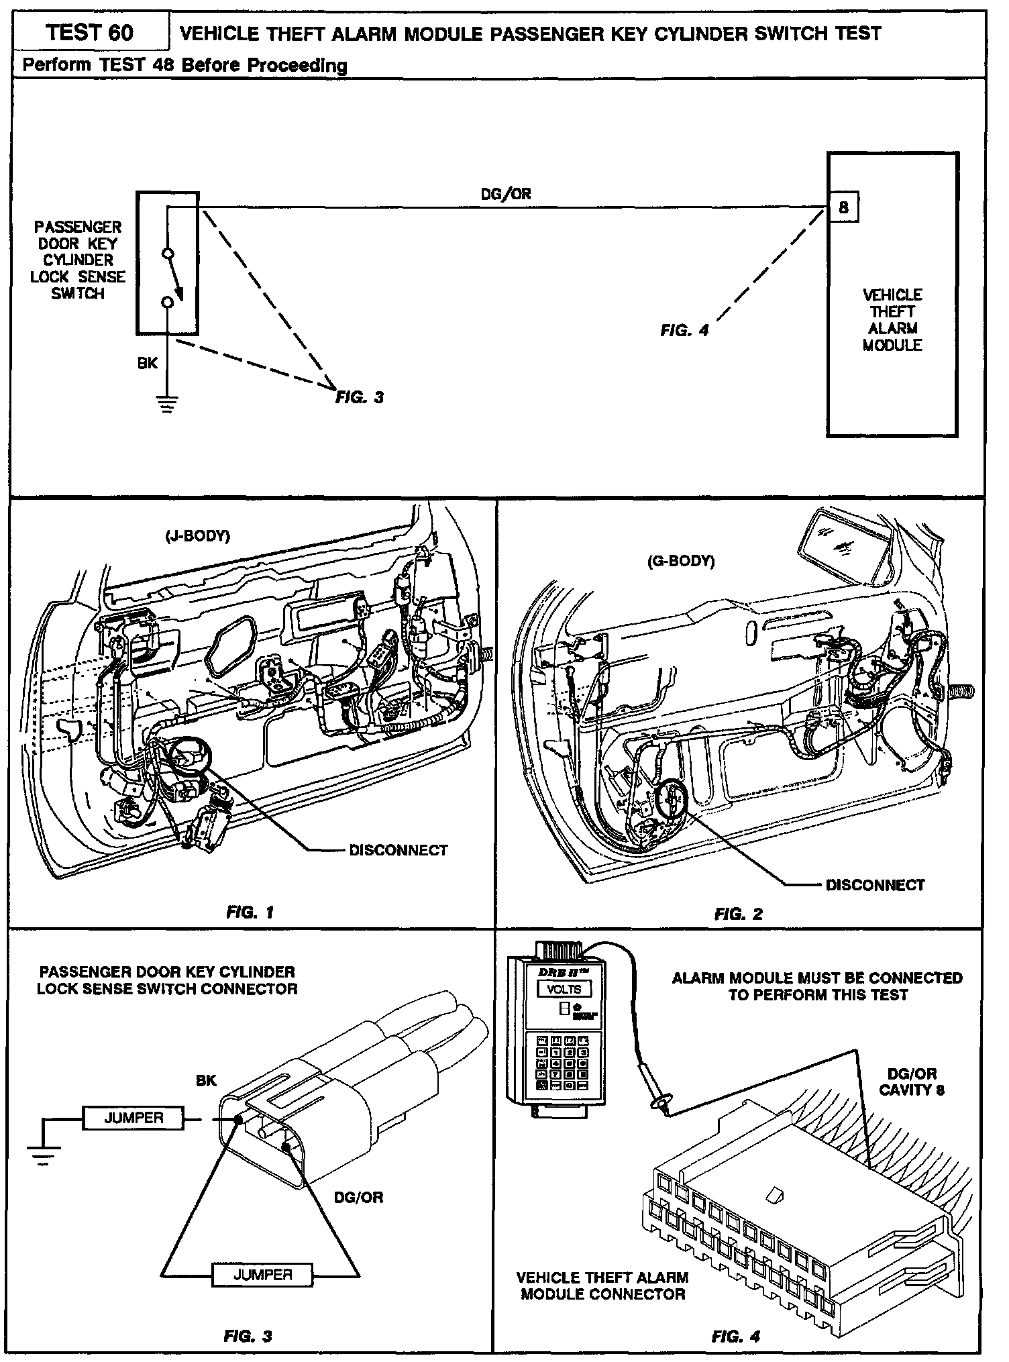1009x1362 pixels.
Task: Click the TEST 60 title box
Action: point(90,32)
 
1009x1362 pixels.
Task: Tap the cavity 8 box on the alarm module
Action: point(843,208)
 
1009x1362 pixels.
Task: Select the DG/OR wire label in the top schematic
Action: point(505,194)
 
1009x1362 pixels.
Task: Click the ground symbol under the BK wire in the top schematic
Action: point(166,403)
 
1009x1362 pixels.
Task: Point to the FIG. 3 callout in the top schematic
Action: point(360,397)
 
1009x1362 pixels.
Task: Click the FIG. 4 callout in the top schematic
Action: point(684,330)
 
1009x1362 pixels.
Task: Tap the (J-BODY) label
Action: point(197,537)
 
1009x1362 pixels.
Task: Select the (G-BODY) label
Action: point(680,561)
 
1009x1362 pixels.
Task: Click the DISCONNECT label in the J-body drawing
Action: point(398,850)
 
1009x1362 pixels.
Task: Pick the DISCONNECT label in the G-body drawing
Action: point(875,885)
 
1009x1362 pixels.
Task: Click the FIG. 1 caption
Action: point(250,912)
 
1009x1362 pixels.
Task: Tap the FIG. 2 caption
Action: point(738,914)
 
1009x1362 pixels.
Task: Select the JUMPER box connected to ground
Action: point(133,1118)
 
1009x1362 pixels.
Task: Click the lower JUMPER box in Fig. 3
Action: point(262,1274)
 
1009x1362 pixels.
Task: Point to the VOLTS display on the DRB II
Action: point(564,990)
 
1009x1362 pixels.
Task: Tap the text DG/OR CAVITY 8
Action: point(911,1082)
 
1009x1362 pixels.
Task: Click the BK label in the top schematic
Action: point(148,362)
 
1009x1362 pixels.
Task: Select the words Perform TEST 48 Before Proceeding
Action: point(184,65)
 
